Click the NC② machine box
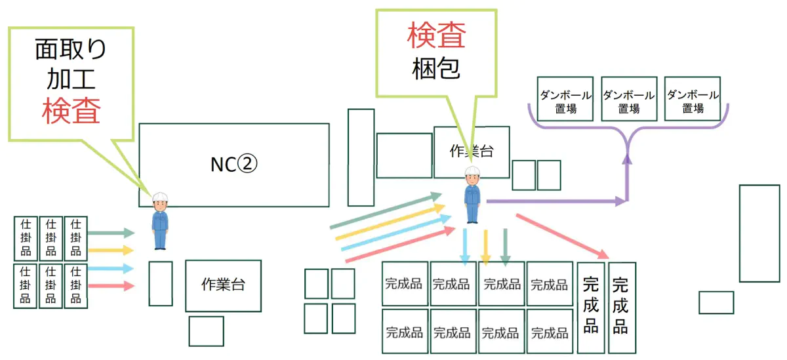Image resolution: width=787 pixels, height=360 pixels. (x=233, y=164)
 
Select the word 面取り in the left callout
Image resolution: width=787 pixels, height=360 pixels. (x=71, y=50)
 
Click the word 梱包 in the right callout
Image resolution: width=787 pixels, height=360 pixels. (x=436, y=68)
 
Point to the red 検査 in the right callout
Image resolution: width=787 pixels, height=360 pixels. (x=436, y=35)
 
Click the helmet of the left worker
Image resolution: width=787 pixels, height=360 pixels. (x=160, y=197)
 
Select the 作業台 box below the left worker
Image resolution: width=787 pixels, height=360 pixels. (x=223, y=285)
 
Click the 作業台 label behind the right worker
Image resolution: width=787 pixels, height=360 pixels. (x=471, y=151)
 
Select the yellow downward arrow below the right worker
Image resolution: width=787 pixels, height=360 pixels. (x=486, y=246)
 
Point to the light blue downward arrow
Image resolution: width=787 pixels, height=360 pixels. (x=465, y=246)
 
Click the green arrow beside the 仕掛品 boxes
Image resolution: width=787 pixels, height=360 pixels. (x=110, y=233)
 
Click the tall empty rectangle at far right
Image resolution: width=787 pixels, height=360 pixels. (x=759, y=233)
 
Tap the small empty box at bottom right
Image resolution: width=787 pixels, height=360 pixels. (x=716, y=302)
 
